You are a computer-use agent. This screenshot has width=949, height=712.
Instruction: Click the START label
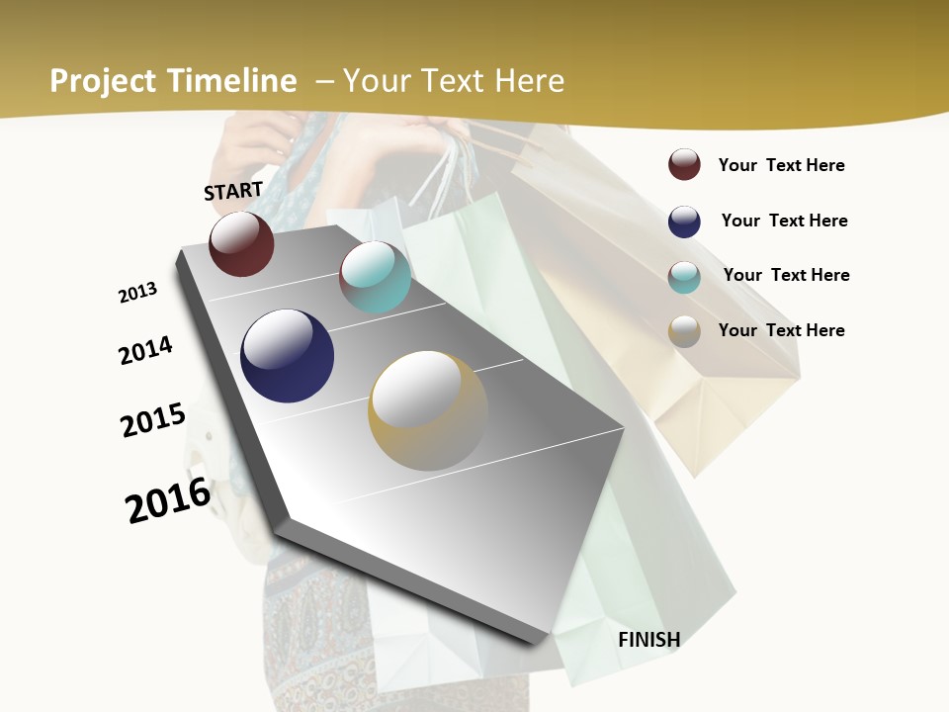(233, 191)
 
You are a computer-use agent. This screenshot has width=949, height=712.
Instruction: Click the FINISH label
(648, 640)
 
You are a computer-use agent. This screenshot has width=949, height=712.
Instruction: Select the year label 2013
(138, 293)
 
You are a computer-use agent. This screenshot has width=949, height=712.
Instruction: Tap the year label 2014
(146, 351)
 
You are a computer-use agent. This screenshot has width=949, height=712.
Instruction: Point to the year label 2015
(153, 420)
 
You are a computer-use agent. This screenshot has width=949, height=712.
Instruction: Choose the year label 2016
(168, 500)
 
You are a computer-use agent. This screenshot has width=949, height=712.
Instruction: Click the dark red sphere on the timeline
(241, 243)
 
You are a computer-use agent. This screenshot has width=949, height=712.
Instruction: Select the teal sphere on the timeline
(375, 277)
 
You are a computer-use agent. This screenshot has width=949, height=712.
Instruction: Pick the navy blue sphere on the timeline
(287, 356)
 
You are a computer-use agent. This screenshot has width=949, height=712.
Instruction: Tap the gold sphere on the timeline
(428, 410)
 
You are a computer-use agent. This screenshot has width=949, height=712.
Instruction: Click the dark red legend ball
(684, 164)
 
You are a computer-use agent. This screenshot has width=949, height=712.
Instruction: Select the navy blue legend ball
(684, 222)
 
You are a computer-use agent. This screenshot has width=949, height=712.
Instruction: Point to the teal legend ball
(684, 277)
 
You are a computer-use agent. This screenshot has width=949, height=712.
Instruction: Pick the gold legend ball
(684, 331)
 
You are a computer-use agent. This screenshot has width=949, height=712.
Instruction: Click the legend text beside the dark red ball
(781, 166)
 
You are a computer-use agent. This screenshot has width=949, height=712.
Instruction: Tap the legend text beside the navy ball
(784, 221)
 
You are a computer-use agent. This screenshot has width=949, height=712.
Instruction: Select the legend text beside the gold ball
(781, 330)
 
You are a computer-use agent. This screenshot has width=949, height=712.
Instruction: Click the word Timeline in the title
(232, 81)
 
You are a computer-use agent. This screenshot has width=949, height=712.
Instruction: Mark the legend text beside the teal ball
(786, 275)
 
